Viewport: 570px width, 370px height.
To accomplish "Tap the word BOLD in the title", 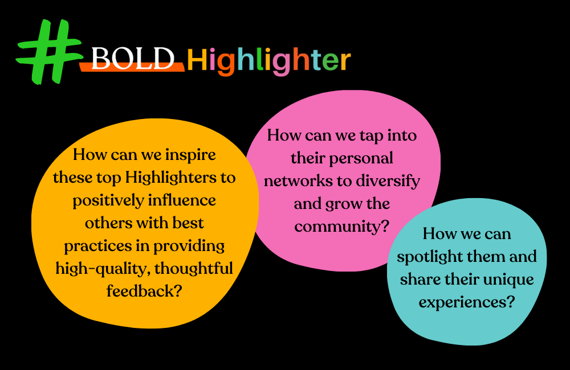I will (132, 59).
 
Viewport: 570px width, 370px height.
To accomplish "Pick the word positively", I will (109, 200).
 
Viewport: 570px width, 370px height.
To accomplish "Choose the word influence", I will (185, 200).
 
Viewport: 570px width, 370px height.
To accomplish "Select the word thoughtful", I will (194, 268).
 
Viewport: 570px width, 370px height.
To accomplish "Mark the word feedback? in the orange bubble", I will (144, 291).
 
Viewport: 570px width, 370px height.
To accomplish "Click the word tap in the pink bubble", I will (357, 136).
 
